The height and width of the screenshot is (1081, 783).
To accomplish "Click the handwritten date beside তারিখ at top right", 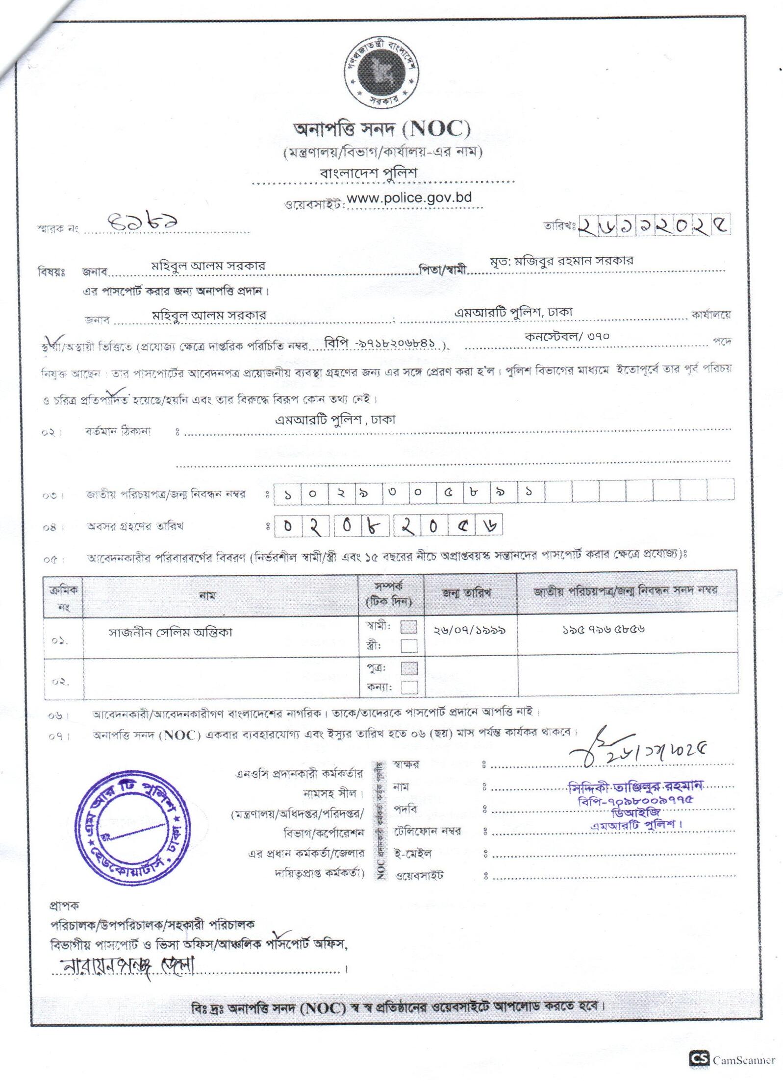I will [x=654, y=225].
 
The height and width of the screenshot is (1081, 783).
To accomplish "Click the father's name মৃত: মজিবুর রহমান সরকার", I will [x=561, y=261].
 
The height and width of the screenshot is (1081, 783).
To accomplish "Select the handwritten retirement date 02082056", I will [x=387, y=525].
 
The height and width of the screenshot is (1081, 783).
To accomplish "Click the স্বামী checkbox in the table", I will [x=409, y=627].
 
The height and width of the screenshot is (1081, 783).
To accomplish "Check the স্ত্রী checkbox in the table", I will [x=409, y=645].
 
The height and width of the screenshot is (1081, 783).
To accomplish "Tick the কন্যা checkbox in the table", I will [x=409, y=687].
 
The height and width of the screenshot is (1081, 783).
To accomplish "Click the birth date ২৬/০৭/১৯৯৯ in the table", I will [x=469, y=630].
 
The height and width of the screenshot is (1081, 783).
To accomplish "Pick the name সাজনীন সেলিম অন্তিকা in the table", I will [x=170, y=632].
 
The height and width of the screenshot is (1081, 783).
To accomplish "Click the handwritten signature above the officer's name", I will [x=637, y=749].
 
